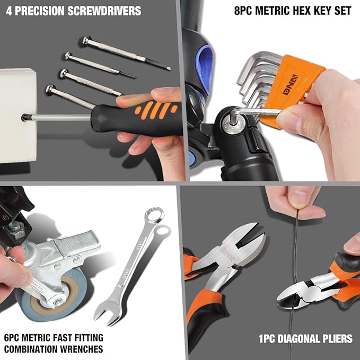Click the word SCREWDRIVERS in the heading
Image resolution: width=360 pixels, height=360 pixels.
104,11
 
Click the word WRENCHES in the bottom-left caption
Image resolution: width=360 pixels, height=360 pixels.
82,349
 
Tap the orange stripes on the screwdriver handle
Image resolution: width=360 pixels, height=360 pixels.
156,110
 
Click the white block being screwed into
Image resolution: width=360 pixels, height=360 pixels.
18,116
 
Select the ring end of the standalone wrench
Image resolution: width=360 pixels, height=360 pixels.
154,215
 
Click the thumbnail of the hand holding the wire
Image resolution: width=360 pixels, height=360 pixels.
298,198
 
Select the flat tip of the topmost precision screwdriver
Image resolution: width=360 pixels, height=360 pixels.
169,68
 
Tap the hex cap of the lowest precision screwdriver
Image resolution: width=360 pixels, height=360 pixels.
50,89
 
